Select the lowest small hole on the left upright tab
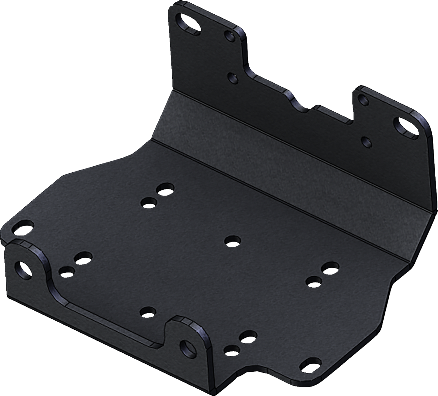232,77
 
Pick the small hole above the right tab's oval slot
363,99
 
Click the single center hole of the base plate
232,241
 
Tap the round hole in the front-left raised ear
24,268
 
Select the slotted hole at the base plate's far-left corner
22,227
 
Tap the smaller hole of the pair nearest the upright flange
149,202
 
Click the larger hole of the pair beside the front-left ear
84,258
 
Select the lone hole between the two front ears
147,312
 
